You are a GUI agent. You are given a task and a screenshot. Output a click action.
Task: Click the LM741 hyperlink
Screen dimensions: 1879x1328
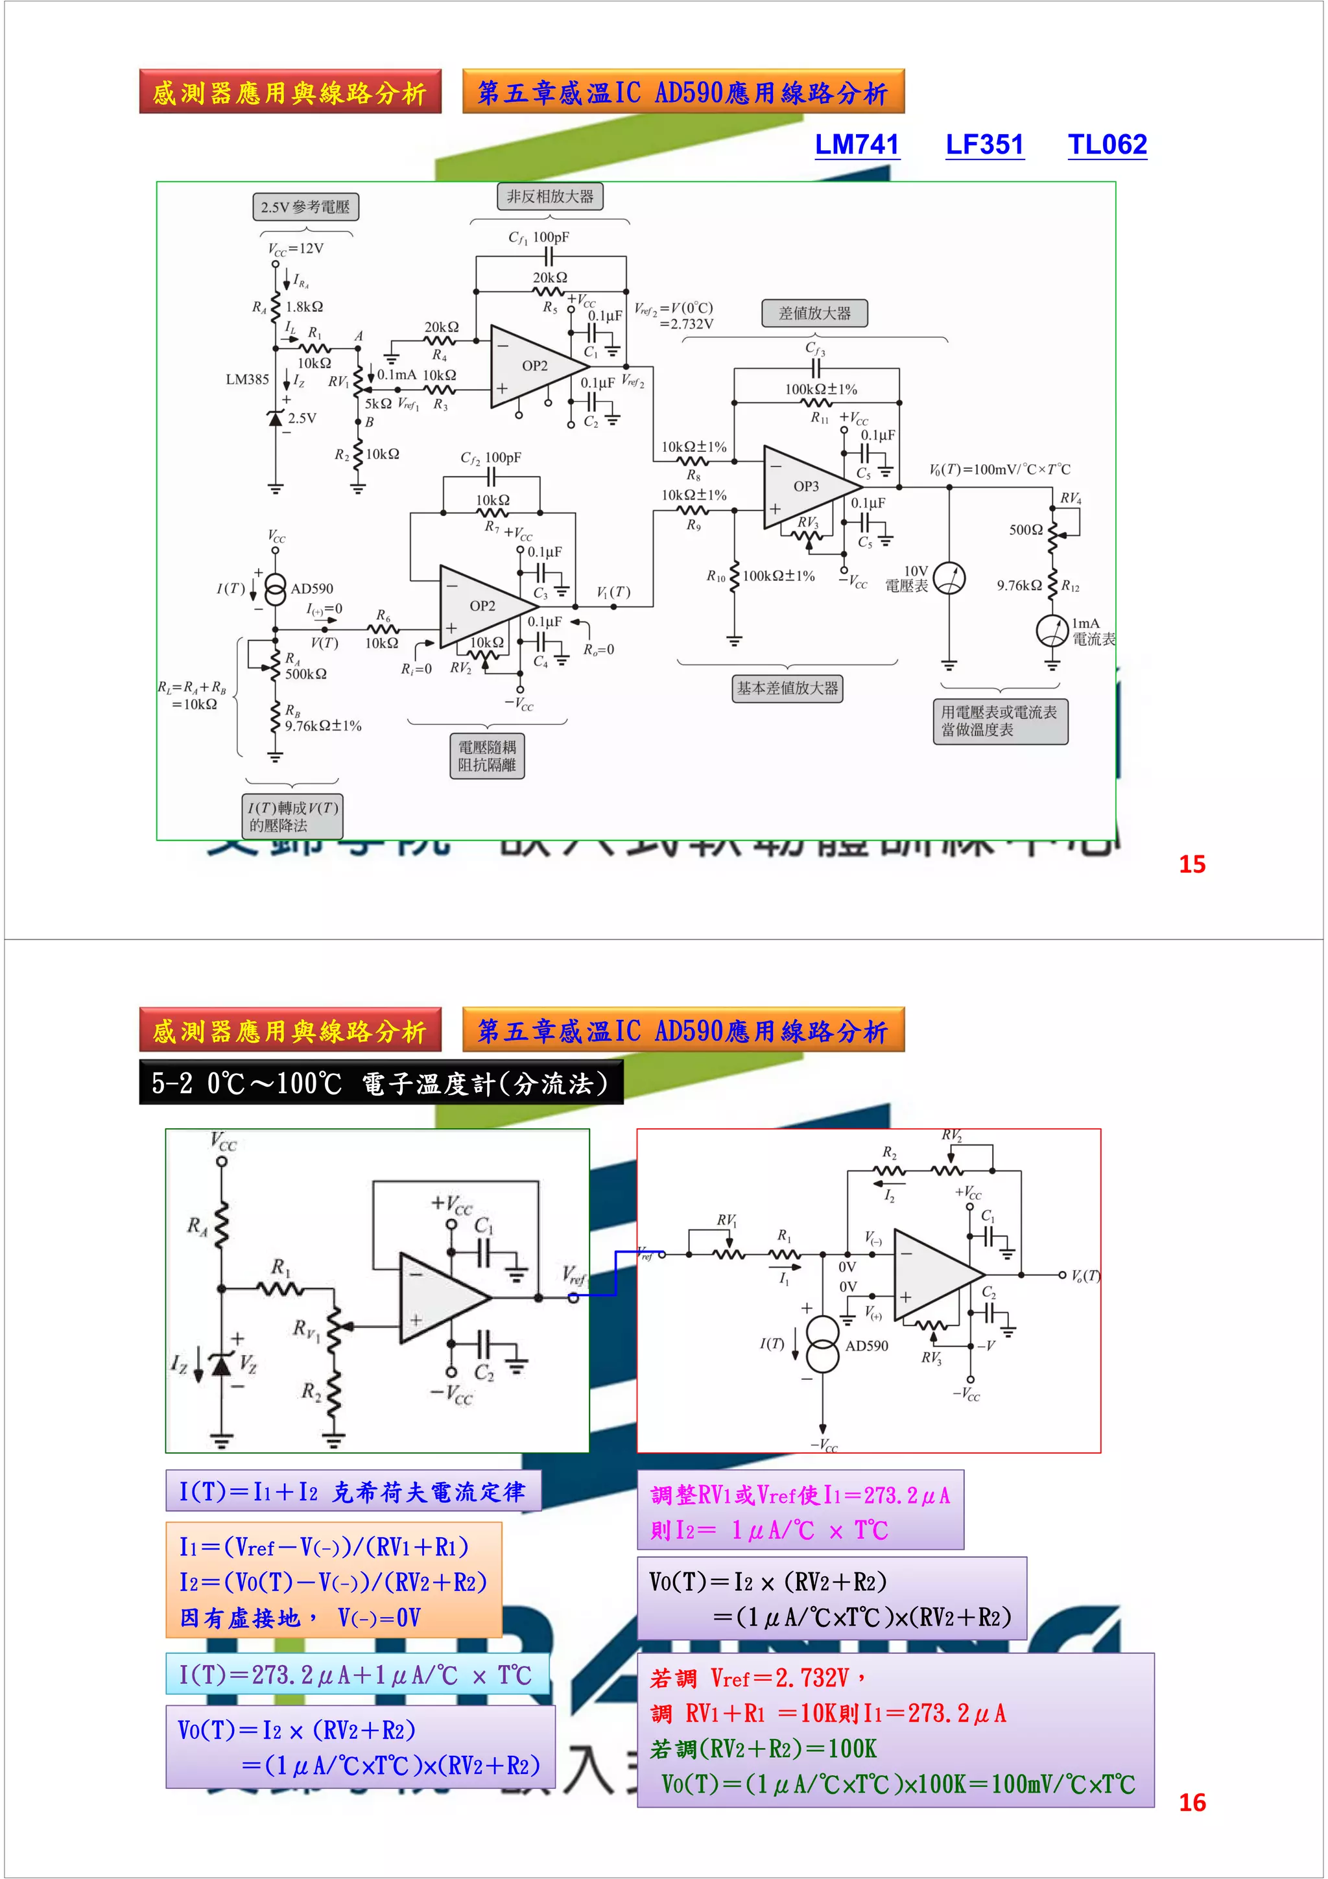pyautogui.click(x=857, y=145)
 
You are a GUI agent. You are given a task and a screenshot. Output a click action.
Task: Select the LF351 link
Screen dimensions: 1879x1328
pyautogui.click(x=984, y=145)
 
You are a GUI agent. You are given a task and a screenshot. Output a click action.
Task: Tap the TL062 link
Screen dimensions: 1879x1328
pyautogui.click(x=1107, y=145)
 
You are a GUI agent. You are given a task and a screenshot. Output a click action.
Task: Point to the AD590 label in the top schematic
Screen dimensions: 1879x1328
pyautogui.click(x=312, y=589)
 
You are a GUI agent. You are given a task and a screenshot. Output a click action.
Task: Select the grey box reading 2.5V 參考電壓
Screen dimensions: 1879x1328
pyautogui.click(x=305, y=207)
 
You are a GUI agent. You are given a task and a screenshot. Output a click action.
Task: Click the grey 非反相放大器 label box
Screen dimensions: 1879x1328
pyautogui.click(x=550, y=196)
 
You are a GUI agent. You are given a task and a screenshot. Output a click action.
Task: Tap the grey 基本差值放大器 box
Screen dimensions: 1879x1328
pyautogui.click(x=787, y=689)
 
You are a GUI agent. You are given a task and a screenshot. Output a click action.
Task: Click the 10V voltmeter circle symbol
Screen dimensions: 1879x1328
pyautogui.click(x=949, y=578)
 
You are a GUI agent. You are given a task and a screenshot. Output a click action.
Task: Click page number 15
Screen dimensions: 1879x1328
pyautogui.click(x=1191, y=864)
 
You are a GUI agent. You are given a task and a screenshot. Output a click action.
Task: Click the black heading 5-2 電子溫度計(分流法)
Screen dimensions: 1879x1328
pyautogui.click(x=381, y=1083)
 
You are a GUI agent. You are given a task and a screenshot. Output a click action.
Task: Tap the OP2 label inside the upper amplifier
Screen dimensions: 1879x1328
pyautogui.click(x=535, y=366)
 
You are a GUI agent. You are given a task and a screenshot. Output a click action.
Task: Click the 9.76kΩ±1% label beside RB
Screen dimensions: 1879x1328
pyautogui.click(x=323, y=726)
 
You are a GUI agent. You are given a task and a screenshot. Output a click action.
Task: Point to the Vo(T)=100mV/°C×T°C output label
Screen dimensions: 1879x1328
pyautogui.click(x=999, y=469)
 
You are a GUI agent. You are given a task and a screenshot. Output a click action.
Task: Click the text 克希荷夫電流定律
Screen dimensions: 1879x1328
pyautogui.click(x=428, y=1493)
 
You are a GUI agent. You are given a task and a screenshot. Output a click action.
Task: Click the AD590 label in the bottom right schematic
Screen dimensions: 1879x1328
pyautogui.click(x=866, y=1345)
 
